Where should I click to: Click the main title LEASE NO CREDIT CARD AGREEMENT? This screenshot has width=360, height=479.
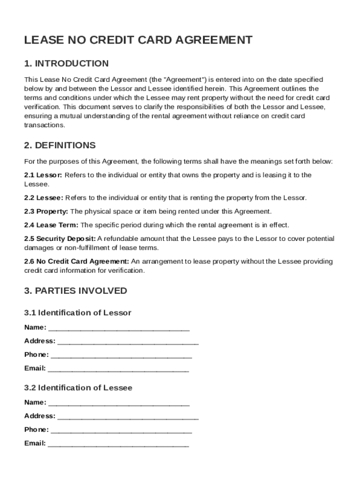(x=138, y=40)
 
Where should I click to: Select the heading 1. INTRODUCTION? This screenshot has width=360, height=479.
(x=66, y=64)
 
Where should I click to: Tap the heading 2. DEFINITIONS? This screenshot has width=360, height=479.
(x=60, y=145)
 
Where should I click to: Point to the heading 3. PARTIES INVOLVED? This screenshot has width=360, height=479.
(x=75, y=290)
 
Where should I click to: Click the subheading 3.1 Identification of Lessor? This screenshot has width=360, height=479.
(x=78, y=312)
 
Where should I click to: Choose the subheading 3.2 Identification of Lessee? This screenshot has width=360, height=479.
(x=78, y=388)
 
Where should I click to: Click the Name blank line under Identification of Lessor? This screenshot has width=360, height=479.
(x=119, y=328)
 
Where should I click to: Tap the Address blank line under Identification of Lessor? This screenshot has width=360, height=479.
(x=128, y=342)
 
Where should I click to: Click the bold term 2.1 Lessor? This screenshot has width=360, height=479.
(x=43, y=175)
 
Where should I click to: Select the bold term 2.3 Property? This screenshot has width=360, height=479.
(x=46, y=211)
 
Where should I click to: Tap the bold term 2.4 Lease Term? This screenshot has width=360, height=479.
(x=51, y=225)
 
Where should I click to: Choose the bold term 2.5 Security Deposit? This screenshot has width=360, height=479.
(x=60, y=239)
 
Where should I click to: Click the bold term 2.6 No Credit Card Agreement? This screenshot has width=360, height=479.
(x=77, y=261)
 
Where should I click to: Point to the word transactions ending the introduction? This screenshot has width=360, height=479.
(x=44, y=125)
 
